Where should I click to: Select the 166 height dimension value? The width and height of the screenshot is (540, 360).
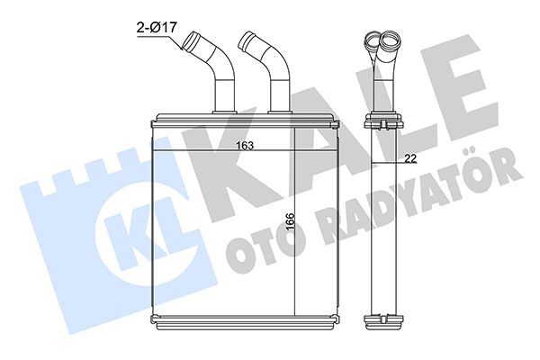[x=287, y=220]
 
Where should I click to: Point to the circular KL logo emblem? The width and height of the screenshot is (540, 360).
[x=131, y=225]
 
